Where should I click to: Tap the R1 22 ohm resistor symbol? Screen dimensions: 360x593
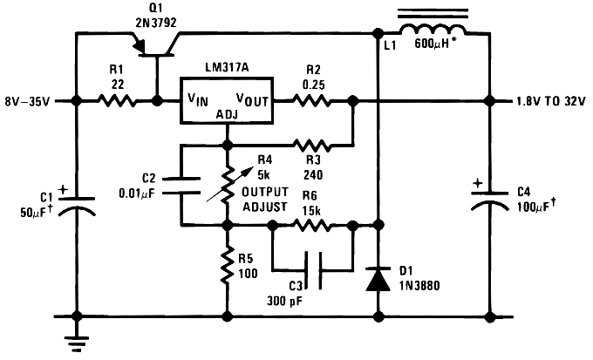click(x=117, y=101)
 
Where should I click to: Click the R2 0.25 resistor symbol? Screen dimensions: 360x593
click(x=311, y=101)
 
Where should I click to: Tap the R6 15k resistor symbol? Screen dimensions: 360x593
click(x=313, y=224)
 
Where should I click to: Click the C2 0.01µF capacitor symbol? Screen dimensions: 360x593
click(x=181, y=183)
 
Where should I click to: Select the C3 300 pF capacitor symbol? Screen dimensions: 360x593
click(x=313, y=270)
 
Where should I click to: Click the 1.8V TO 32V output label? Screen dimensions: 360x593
click(x=549, y=101)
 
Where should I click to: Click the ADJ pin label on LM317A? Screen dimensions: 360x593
click(x=227, y=114)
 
